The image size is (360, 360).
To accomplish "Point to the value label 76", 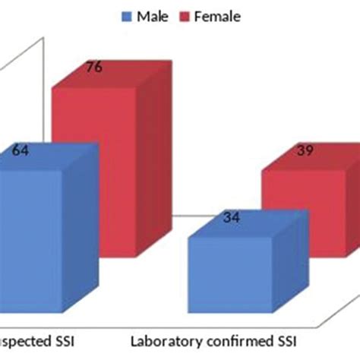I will click(93, 68).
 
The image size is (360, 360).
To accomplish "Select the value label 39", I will click(303, 152).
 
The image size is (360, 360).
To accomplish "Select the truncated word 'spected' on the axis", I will click(22, 340).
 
